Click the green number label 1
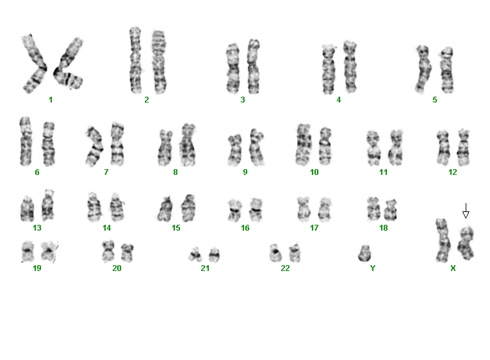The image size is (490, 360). [x=51, y=100]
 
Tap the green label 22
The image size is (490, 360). [x=285, y=268]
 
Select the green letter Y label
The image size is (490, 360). [x=373, y=268]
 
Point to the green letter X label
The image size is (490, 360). [x=453, y=268]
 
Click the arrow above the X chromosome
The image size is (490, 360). [x=466, y=211]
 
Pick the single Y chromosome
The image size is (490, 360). [x=364, y=254]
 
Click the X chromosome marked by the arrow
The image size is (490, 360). [x=466, y=243]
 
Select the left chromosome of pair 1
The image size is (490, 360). [x=34, y=64]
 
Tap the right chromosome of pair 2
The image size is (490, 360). [x=159, y=62]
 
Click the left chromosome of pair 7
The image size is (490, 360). [x=94, y=146]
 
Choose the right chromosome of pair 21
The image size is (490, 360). [x=214, y=255]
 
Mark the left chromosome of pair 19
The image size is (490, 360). [x=28, y=252]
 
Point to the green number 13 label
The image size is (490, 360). [x=37, y=228]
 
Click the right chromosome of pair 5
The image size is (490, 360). [x=446, y=70]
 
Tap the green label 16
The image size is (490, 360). [x=245, y=228]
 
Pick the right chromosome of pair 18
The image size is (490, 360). [x=390, y=209]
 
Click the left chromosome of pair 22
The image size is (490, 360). [x=275, y=253]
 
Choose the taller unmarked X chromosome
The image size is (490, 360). [x=443, y=240]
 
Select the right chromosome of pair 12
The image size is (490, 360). [x=463, y=147]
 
